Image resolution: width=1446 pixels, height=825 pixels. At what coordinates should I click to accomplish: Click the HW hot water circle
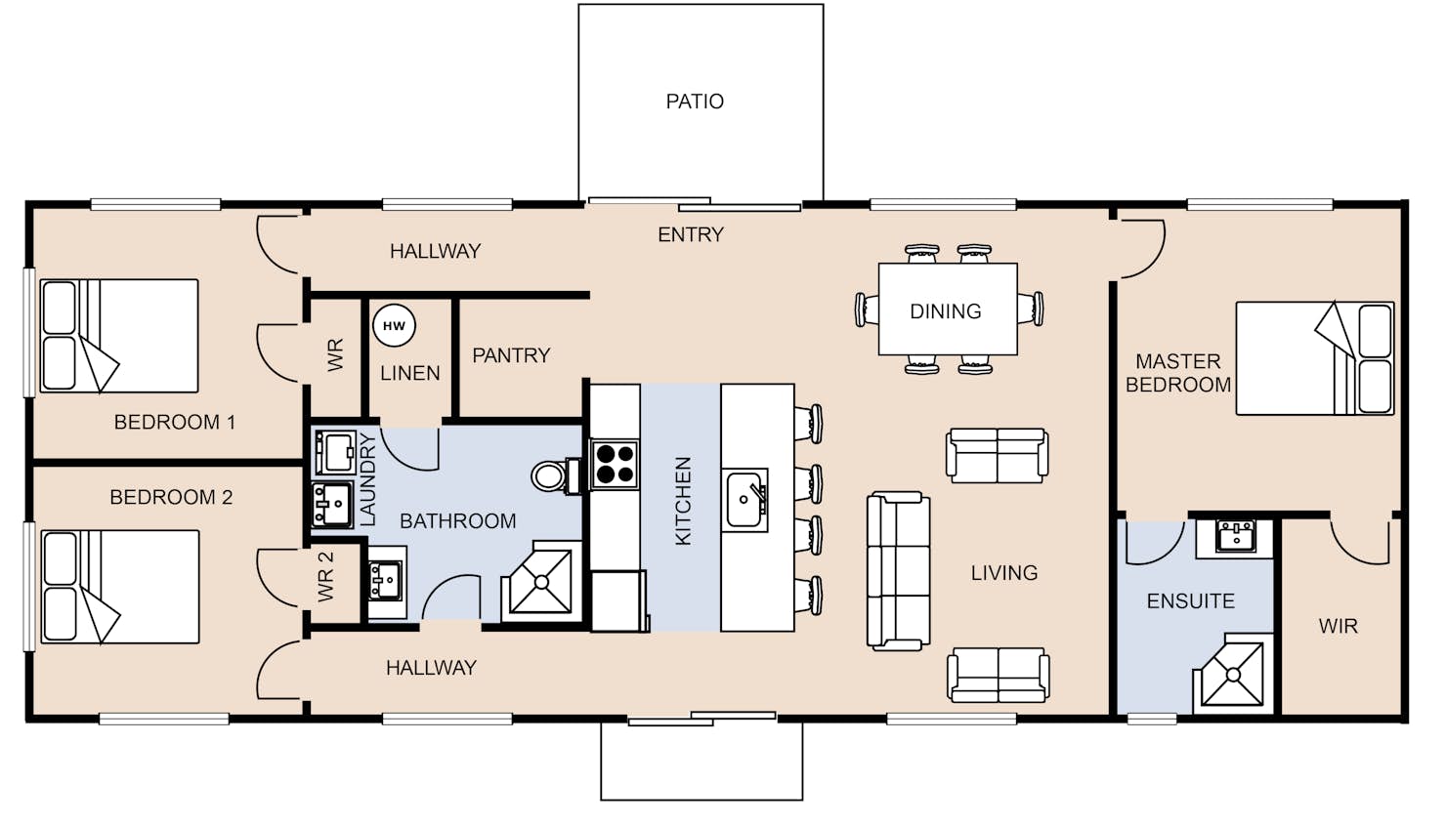(x=394, y=326)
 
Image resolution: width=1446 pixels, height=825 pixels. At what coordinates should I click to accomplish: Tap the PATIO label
(x=695, y=102)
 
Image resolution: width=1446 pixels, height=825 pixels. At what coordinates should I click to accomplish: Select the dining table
(x=948, y=309)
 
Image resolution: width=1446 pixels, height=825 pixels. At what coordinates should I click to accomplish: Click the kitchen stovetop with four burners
(x=615, y=465)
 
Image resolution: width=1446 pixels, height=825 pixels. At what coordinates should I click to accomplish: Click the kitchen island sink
(x=744, y=500)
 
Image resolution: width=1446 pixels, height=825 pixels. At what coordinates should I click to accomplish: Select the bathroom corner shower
(x=541, y=583)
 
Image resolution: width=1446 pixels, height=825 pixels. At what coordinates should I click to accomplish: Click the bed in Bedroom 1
(x=119, y=336)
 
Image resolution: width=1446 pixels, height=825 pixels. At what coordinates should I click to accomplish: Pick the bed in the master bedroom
(x=1315, y=358)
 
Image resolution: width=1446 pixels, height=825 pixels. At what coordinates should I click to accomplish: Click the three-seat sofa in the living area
(x=898, y=571)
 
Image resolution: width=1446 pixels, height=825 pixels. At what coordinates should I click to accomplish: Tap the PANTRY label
(x=511, y=355)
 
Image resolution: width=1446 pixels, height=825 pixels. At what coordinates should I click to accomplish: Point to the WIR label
(x=1338, y=626)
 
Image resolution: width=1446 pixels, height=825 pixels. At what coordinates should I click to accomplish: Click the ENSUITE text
(x=1190, y=601)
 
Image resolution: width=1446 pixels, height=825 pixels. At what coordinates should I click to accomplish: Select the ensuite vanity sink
(x=1234, y=537)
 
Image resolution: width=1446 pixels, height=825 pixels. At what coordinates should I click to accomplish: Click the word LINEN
(x=410, y=373)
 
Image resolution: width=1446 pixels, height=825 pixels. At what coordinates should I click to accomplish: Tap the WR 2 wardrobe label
(x=326, y=576)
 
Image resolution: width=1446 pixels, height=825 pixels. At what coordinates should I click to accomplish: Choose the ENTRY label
(x=691, y=234)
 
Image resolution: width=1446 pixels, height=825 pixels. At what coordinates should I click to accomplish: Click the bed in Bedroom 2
(x=120, y=587)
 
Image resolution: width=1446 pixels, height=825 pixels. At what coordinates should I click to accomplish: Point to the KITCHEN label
(x=682, y=501)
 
